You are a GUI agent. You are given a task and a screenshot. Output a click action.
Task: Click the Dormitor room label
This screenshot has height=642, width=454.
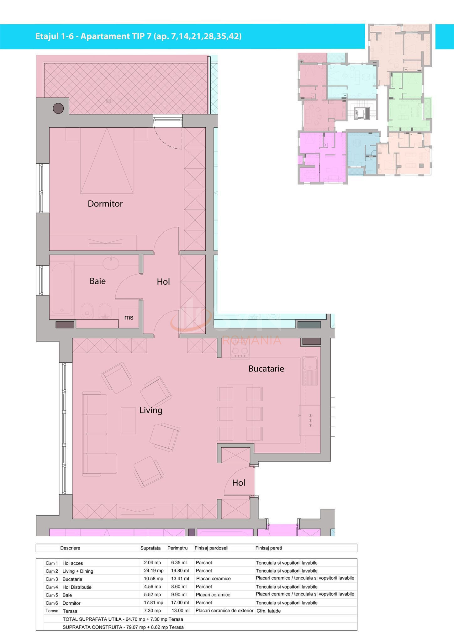pos(105,204)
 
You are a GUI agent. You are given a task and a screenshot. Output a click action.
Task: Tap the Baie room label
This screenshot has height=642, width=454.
pos(98,281)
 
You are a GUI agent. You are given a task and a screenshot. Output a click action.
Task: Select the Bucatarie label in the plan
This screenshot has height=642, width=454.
pos(266,369)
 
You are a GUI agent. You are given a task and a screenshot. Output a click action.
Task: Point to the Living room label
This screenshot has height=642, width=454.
pos(151,410)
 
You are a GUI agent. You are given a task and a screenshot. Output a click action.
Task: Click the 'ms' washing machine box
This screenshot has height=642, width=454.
pos(129,317)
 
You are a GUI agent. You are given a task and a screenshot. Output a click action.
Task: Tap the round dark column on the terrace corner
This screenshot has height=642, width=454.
pos(58,108)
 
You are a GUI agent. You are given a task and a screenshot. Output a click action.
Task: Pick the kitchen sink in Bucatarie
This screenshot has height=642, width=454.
pos(310,371)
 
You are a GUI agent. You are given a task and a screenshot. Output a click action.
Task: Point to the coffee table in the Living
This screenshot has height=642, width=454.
pos(128,420)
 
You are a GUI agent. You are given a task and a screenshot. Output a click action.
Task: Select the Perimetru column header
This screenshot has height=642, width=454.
pos(177,548)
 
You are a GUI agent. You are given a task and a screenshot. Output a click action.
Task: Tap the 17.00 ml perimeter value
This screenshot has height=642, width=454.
pos(180,603)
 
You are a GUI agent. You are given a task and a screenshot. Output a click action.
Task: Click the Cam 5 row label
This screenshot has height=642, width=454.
pos(52,595)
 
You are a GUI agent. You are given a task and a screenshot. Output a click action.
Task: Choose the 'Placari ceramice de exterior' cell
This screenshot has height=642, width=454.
pos(224,611)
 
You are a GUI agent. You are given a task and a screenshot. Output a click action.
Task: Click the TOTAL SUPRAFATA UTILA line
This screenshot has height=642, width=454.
pos(123,619)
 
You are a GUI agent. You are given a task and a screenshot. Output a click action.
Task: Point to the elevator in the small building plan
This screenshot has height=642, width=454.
pos(359,113)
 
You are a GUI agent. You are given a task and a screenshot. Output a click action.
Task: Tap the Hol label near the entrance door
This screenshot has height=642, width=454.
pos(239,483)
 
